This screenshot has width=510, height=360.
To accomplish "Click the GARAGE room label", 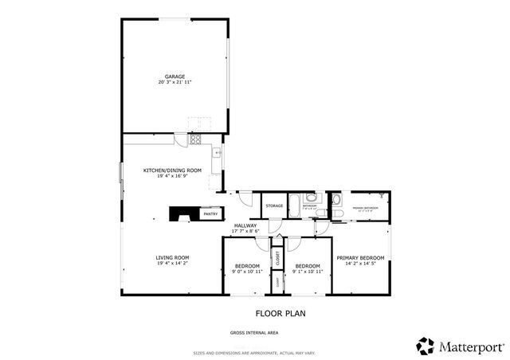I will [175, 76].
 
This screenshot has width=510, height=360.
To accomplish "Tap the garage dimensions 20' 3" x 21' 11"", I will [175, 82].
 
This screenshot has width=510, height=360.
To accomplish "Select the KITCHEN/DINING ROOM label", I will [171, 170].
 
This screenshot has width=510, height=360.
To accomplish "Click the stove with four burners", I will [195, 140].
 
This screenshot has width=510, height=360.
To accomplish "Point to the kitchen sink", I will [217, 151].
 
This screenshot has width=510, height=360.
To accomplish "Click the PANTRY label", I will [210, 214].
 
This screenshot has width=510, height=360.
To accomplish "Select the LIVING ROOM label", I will [171, 257].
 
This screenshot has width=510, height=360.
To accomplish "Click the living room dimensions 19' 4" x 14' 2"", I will [171, 263].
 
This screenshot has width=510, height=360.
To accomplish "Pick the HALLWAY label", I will [245, 225].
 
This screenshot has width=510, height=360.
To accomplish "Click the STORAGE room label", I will [274, 206].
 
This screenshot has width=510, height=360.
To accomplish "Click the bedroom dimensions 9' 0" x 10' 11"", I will [247, 272].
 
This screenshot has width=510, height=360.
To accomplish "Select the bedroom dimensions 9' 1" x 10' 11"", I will [308, 272].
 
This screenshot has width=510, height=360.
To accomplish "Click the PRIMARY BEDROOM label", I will [360, 257].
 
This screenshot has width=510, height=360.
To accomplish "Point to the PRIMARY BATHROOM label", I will [367, 209].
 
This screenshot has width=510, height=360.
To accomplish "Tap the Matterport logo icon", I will [426, 345].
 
